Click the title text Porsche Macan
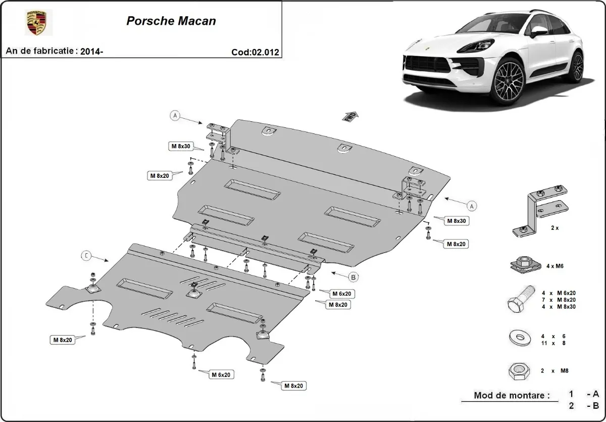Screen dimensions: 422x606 pos(171,21)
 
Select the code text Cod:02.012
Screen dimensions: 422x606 pos(255,52)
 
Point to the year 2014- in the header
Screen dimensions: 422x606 pos(91,51)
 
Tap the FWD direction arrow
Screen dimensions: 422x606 pos(351,116)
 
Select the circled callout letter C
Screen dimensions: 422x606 pos(86,256)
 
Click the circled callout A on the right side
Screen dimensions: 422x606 pos(471,206)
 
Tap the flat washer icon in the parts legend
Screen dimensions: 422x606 pos(519,338)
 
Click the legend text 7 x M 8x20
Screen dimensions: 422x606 pos(559,300)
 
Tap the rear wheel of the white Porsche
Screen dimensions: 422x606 pos(574,67)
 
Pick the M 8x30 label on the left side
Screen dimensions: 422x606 pos(180,147)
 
